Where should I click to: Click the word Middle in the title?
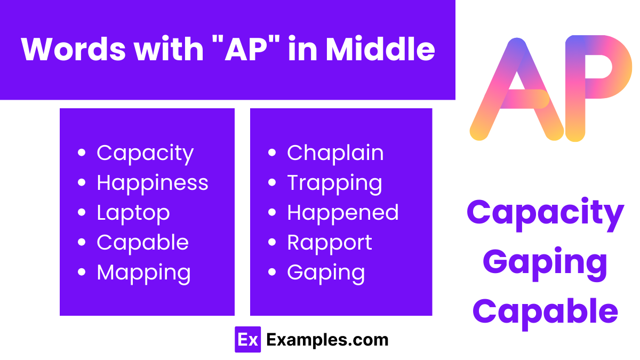380,49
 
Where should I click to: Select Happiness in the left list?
152,183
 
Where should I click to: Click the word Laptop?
133,213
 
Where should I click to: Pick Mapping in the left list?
143,273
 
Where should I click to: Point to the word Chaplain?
335,153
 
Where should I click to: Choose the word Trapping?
334,183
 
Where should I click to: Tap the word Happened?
342,213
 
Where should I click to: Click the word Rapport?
329,243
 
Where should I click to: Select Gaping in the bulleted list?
326,273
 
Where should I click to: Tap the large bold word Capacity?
545,212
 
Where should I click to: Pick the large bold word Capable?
545,311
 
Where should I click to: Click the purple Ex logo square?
247,339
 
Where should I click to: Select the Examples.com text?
327,340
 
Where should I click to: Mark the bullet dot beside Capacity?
82,153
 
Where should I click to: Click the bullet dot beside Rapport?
272,243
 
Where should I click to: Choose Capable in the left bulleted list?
142,243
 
